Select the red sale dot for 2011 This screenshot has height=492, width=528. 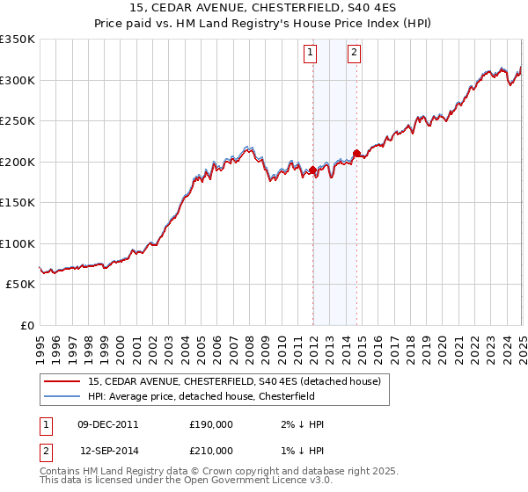pyautogui.click(x=312, y=170)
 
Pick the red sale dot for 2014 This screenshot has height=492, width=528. pyautogui.click(x=356, y=154)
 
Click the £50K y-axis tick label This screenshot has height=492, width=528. pyautogui.click(x=20, y=285)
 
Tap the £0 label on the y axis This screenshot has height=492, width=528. pyautogui.click(x=26, y=326)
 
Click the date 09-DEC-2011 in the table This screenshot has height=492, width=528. pyautogui.click(x=107, y=424)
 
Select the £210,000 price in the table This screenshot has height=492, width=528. pyautogui.click(x=211, y=450)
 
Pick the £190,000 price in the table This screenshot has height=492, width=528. pyautogui.click(x=211, y=424)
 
